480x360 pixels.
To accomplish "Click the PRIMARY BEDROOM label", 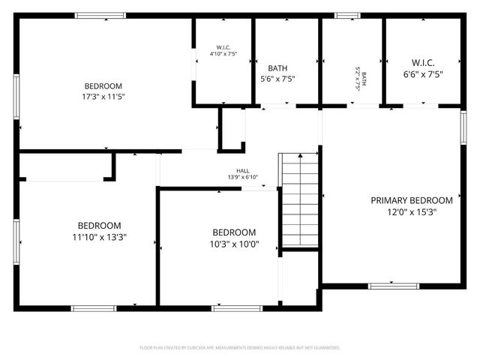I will pyautogui.click(x=412, y=200).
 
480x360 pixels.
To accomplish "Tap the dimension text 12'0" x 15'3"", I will pyautogui.click(x=412, y=212).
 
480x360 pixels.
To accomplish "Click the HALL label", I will pyautogui.click(x=243, y=170).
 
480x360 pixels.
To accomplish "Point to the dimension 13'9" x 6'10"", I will pyautogui.click(x=243, y=178).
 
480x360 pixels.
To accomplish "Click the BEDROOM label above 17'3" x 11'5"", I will pyautogui.click(x=103, y=85).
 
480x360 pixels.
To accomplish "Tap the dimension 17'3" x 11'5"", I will pyautogui.click(x=103, y=97).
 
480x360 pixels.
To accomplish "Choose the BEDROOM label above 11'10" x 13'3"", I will pyautogui.click(x=99, y=226).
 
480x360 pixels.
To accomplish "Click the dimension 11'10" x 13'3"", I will pyautogui.click(x=99, y=238).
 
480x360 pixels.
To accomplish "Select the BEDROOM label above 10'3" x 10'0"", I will pyautogui.click(x=234, y=232).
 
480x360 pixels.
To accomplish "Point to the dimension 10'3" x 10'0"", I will pyautogui.click(x=234, y=244).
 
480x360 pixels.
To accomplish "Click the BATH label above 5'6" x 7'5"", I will pyautogui.click(x=277, y=68).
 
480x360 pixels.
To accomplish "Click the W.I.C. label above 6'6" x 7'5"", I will pyautogui.click(x=423, y=62).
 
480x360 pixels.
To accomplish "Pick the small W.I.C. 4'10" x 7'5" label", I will pyautogui.click(x=223, y=49).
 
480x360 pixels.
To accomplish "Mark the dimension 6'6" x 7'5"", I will pyautogui.click(x=423, y=74).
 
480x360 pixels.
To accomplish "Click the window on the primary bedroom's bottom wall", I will pyautogui.click(x=393, y=286).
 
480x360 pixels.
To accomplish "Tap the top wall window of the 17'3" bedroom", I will pyautogui.click(x=100, y=16).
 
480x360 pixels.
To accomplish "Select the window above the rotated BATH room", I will pyautogui.click(x=346, y=16).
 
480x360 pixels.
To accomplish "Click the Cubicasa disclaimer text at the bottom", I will pyautogui.click(x=240, y=348).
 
